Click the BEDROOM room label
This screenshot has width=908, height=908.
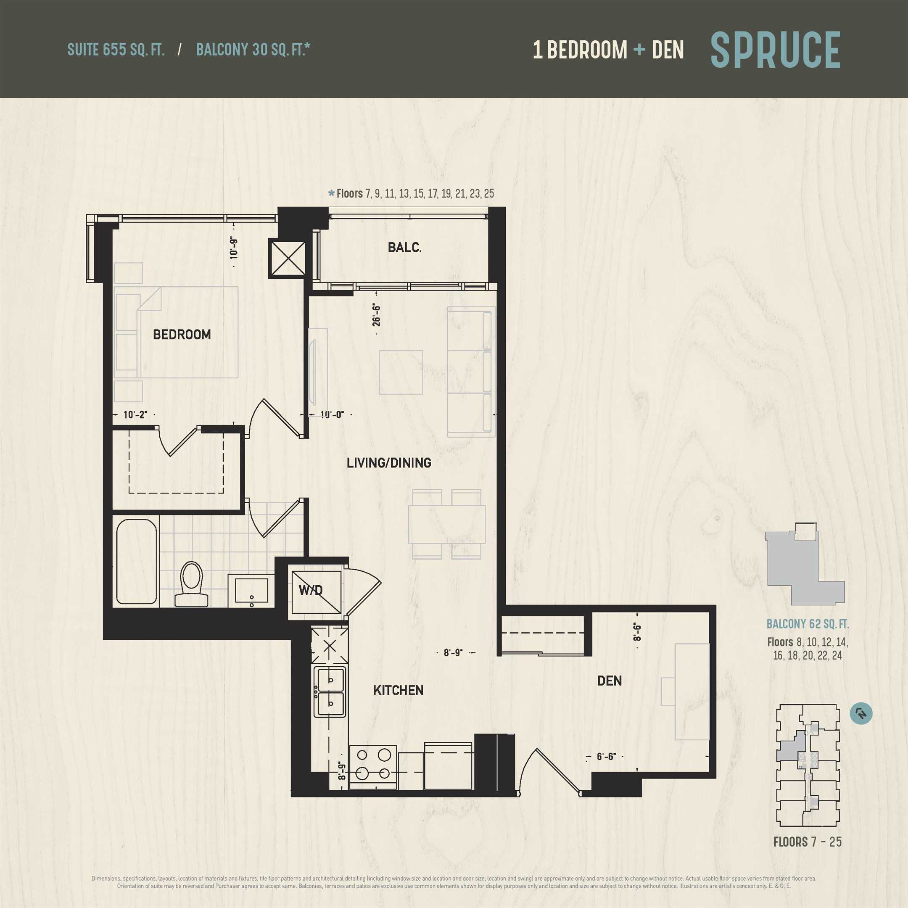182,335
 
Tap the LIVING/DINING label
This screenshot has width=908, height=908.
389,463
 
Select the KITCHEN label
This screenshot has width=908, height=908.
398,690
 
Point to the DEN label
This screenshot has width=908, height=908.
610,681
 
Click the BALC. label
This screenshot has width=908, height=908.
404,247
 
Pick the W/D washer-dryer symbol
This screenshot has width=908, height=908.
316,592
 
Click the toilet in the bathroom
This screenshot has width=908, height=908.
191,584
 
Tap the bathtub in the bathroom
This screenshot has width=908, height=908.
136,561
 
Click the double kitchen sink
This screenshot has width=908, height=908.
330,692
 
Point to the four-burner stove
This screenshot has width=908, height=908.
373,764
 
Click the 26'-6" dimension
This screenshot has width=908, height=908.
376,314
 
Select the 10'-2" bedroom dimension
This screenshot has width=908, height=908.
135,414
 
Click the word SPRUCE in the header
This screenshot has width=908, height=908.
775,50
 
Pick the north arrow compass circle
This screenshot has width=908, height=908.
861,713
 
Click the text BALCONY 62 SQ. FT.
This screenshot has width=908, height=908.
808,624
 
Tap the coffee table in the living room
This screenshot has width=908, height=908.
401,372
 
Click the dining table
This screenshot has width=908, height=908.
447,524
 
